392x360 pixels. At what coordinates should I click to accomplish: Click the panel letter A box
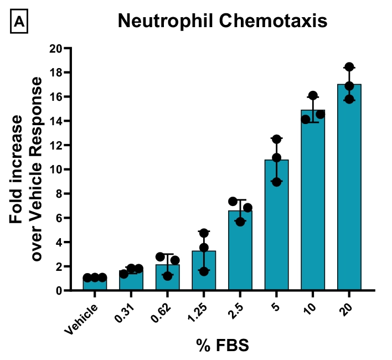pos(19,22)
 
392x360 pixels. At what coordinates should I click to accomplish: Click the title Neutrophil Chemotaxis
pos(222,21)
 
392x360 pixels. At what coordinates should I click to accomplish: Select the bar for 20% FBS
pos(349,188)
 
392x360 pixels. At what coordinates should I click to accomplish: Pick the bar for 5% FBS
pos(276,227)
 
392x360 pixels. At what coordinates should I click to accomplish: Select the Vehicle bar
pos(95,284)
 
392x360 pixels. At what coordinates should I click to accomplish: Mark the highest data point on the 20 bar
pos(349,68)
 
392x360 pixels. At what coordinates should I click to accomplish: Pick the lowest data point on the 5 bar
pos(276,182)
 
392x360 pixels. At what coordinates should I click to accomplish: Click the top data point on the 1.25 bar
pos(204,233)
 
